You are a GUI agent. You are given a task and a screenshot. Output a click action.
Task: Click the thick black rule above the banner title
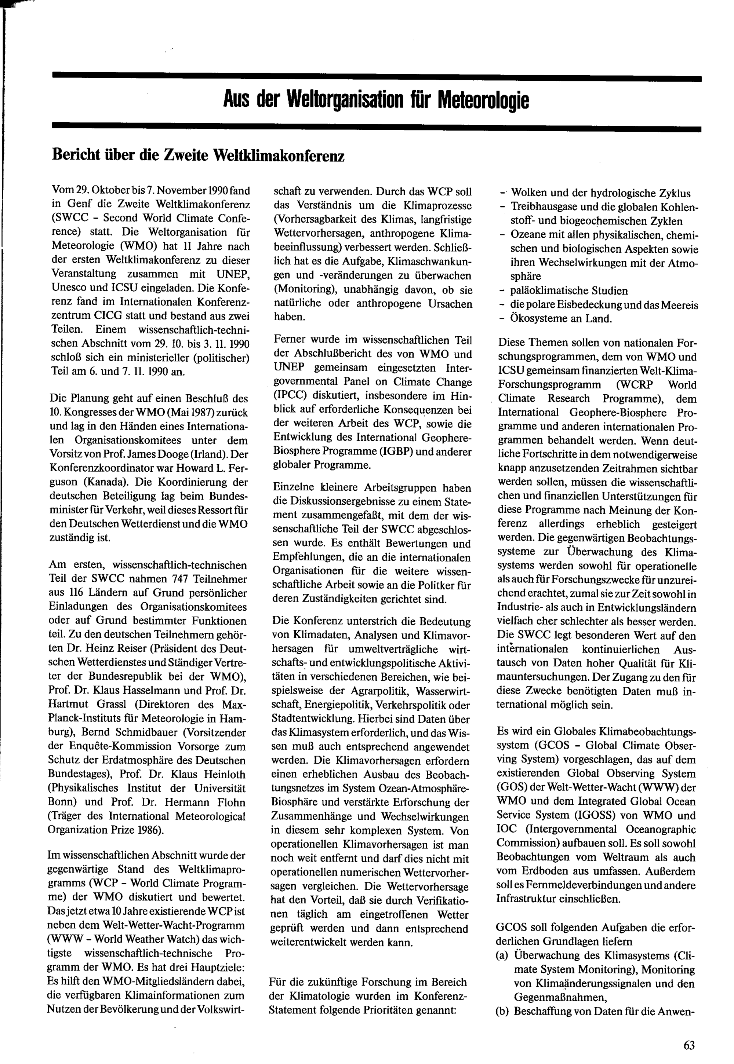(x=376, y=78)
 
